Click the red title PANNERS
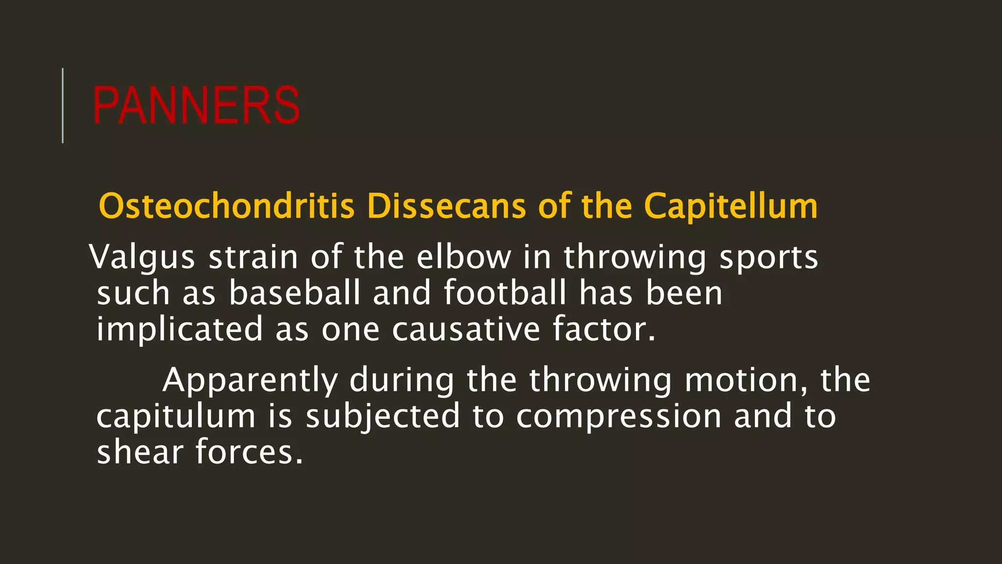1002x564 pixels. pyautogui.click(x=196, y=105)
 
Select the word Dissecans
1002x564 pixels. pyautogui.click(x=446, y=206)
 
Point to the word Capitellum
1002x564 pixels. pyautogui.click(x=730, y=206)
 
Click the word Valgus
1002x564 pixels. pyautogui.click(x=142, y=257)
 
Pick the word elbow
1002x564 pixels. pyautogui.click(x=463, y=257)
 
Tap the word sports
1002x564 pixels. pyautogui.click(x=769, y=257)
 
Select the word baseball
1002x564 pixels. pyautogui.click(x=295, y=293)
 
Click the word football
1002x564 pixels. pyautogui.click(x=505, y=293)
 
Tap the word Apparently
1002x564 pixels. pyautogui.click(x=250, y=380)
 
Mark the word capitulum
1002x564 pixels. pyautogui.click(x=176, y=416)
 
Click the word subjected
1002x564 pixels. pyautogui.click(x=383, y=416)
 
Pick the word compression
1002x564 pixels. pyautogui.click(x=619, y=416)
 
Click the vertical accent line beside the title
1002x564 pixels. pyautogui.click(x=63, y=105)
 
